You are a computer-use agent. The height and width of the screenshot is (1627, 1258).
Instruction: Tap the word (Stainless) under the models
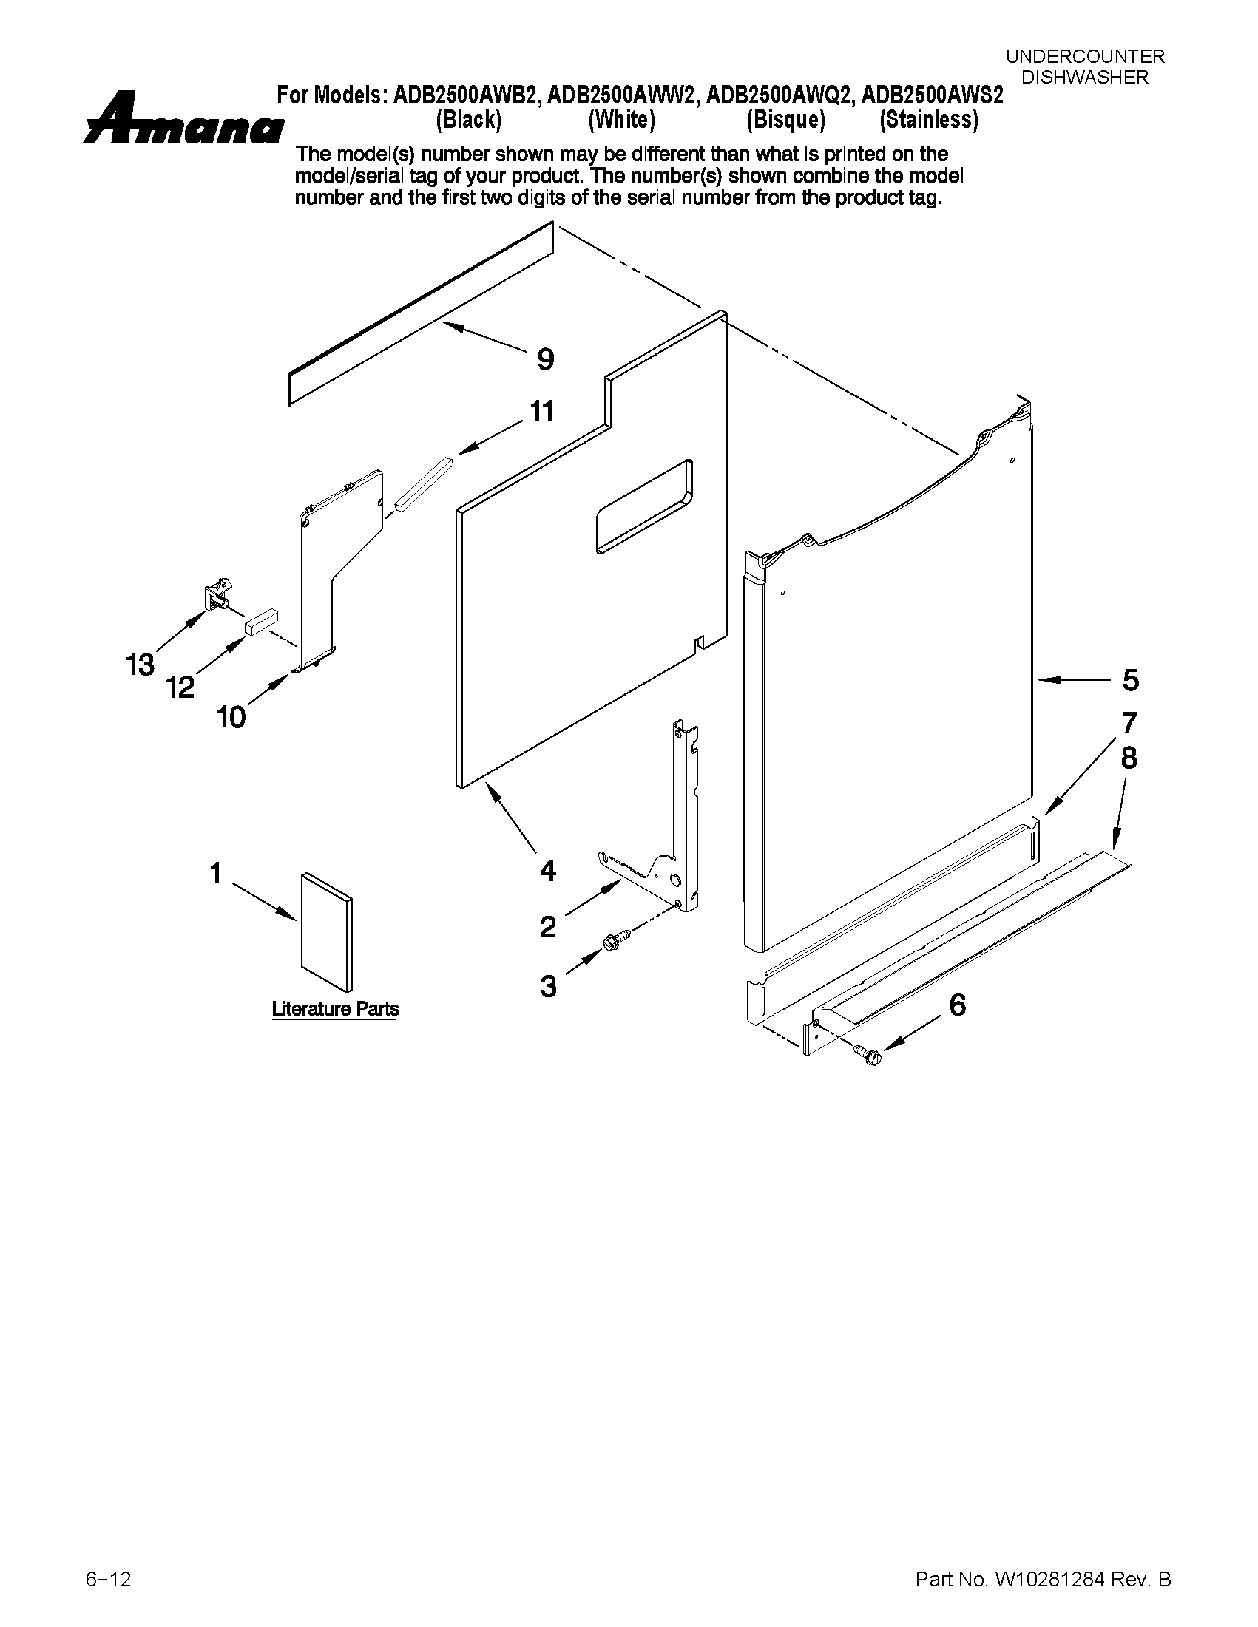[929, 120]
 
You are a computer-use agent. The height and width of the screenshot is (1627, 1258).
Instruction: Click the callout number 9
[546, 360]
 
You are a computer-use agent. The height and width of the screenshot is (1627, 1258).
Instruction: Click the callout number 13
[139, 665]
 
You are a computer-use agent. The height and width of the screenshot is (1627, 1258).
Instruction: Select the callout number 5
[1130, 680]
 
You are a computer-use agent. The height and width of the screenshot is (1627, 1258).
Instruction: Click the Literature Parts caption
[334, 1009]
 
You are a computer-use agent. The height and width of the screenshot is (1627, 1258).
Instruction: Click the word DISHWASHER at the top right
[1084, 77]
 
